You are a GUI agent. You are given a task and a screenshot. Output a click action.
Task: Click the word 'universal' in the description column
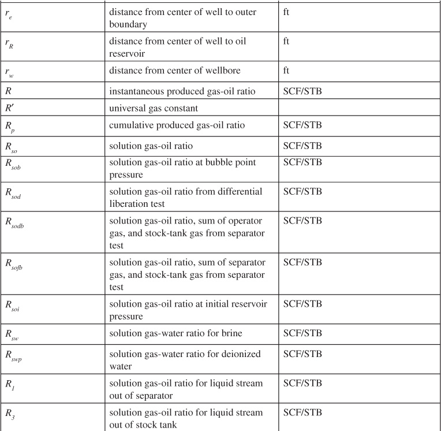click(x=129, y=107)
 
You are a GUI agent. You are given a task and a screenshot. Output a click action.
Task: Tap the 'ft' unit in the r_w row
click(x=286, y=70)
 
